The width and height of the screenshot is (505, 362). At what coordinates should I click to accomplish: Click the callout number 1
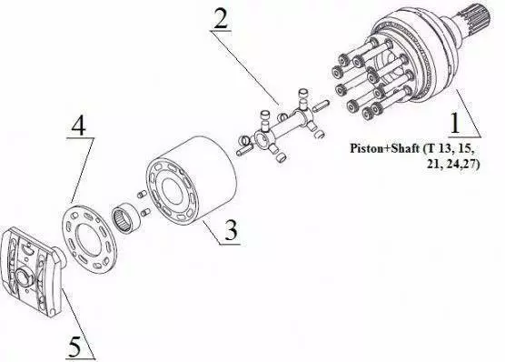[455, 123]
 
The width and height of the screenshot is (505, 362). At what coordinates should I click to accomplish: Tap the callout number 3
[231, 230]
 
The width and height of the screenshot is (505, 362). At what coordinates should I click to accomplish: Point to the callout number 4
[79, 125]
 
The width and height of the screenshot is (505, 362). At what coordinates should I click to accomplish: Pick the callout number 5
[74, 346]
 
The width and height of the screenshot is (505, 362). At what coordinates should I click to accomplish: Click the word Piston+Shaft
[385, 149]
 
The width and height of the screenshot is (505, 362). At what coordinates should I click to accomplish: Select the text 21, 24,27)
[452, 165]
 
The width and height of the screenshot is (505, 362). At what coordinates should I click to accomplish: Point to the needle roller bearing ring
[126, 217]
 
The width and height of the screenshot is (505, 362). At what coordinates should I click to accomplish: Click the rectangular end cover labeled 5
[32, 270]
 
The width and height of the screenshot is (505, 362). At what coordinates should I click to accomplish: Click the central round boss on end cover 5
[24, 277]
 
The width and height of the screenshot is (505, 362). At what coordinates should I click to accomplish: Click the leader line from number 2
[245, 67]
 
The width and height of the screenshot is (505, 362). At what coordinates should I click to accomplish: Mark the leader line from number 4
[83, 171]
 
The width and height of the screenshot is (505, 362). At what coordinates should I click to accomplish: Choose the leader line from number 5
[79, 323]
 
